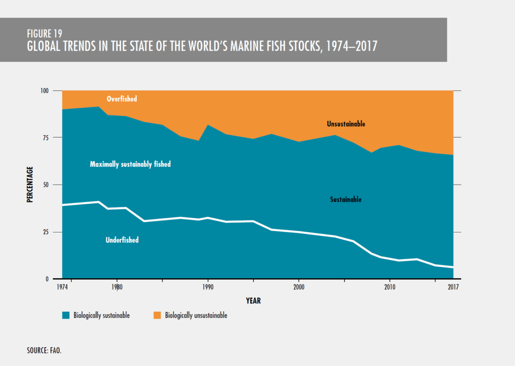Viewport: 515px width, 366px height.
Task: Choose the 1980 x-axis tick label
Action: pyautogui.click(x=117, y=288)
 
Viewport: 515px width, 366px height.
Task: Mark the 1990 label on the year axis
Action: pyautogui.click(x=208, y=288)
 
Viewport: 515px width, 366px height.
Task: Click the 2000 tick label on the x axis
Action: pyautogui.click(x=299, y=288)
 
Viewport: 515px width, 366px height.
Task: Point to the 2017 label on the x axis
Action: pyautogui.click(x=453, y=288)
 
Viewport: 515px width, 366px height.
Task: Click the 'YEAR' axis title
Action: pyautogui.click(x=253, y=301)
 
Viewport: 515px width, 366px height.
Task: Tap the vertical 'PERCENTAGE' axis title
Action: pyautogui.click(x=30, y=185)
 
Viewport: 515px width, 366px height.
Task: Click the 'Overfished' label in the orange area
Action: pyautogui.click(x=122, y=99)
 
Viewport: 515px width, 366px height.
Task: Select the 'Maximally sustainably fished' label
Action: pyautogui.click(x=130, y=164)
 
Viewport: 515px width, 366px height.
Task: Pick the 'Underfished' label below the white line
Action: pyautogui.click(x=122, y=240)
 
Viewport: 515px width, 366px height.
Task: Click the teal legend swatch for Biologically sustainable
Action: pyautogui.click(x=66, y=315)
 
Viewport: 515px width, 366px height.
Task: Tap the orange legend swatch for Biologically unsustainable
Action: pyautogui.click(x=157, y=315)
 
